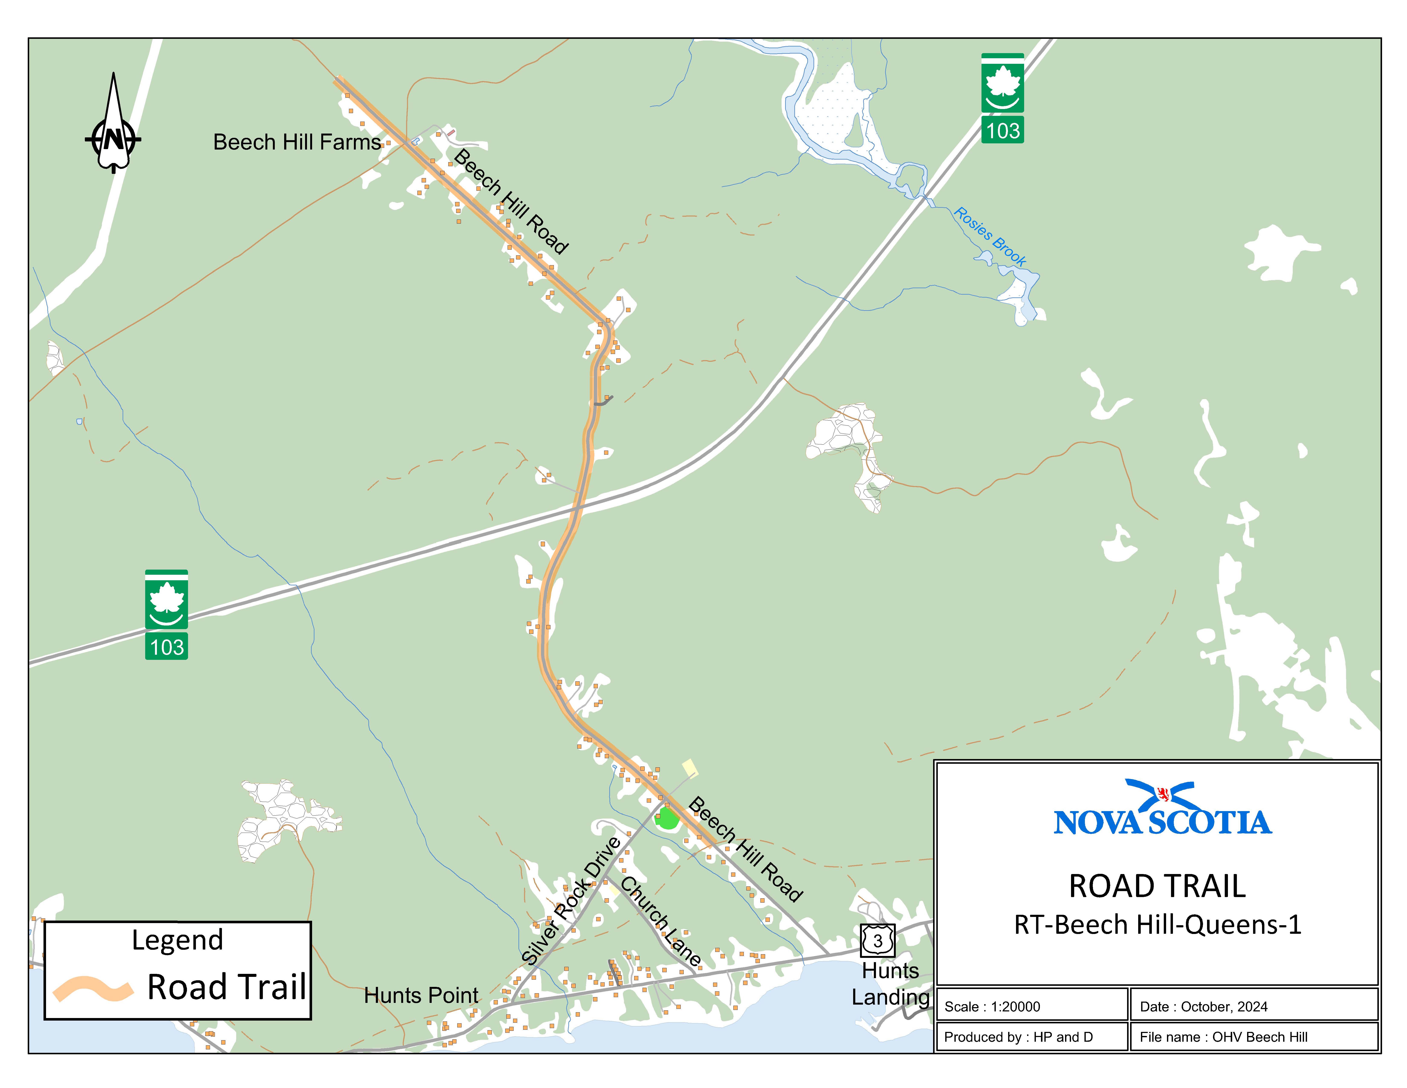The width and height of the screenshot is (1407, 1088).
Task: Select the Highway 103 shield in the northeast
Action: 1002,98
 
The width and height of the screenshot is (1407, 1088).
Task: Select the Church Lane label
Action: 660,922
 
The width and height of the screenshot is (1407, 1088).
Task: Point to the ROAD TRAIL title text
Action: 1157,886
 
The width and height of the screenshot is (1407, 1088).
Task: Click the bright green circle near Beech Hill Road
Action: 667,819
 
